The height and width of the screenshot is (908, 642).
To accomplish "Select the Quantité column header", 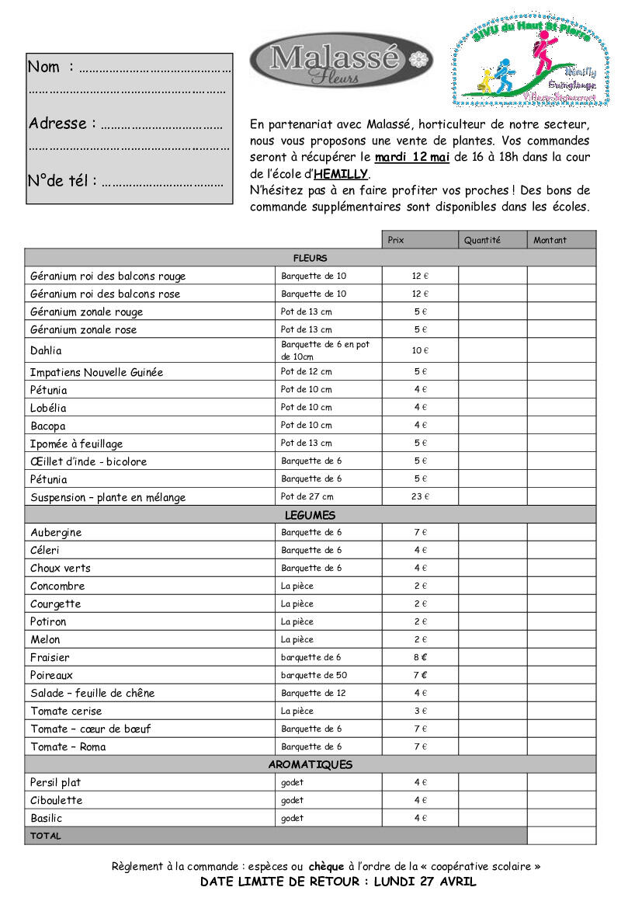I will [483, 240].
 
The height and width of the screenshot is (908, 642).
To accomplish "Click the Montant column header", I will [550, 240].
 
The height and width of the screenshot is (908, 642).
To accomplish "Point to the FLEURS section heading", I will [311, 258].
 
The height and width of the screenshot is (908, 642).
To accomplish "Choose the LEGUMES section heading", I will [311, 515].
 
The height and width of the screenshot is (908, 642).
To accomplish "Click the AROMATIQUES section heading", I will [311, 764].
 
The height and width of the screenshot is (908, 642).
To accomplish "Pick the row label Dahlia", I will [46, 350].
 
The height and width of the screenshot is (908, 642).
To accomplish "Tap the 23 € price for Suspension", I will [420, 496].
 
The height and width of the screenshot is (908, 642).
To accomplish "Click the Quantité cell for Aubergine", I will [492, 532].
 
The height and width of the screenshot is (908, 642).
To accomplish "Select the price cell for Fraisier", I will [420, 657].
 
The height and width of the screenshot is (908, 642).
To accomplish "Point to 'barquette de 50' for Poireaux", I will [314, 675].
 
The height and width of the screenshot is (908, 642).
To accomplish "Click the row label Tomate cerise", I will [66, 711].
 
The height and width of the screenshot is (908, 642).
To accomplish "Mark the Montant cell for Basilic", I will [561, 818].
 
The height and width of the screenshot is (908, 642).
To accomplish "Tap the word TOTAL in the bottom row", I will [46, 836].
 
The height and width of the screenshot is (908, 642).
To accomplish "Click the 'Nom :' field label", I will [50, 67].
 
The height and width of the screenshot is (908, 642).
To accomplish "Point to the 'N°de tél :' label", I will [62, 181].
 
